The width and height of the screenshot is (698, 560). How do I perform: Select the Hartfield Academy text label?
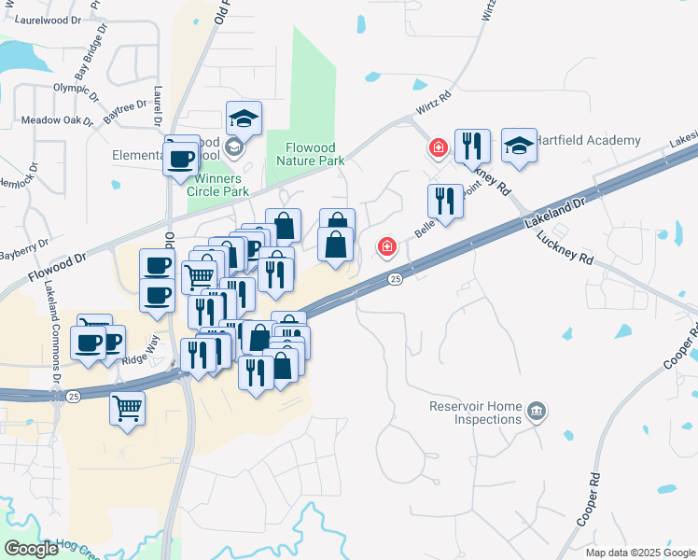click(x=588, y=141)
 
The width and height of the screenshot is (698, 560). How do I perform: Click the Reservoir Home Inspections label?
click(x=475, y=413)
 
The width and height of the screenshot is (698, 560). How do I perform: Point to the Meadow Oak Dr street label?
click(x=58, y=120)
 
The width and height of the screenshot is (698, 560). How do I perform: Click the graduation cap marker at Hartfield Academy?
click(x=519, y=146)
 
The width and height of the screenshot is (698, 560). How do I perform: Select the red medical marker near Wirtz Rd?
click(x=437, y=147)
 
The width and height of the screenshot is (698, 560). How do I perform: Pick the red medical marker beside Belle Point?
click(x=385, y=247)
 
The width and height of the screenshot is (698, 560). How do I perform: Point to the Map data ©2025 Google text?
click(x=639, y=553)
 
